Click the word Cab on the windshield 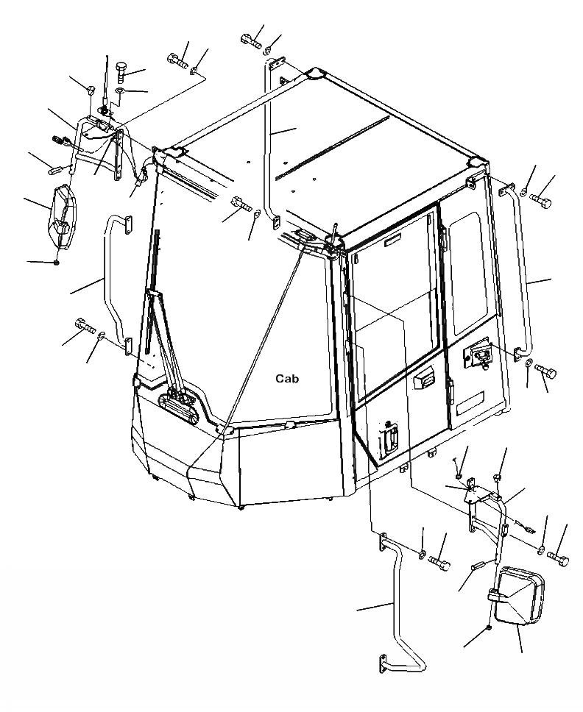(289, 379)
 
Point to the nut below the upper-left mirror (57, 261)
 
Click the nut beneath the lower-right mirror (490, 628)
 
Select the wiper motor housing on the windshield (180, 405)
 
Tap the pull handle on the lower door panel (388, 441)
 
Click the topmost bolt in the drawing (251, 41)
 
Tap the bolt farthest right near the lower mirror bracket (559, 560)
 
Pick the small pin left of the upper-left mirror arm (56, 169)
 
